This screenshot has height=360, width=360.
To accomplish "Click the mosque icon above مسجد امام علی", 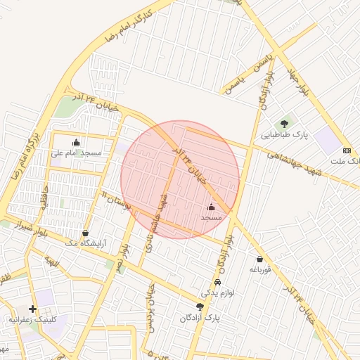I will [x=76, y=143].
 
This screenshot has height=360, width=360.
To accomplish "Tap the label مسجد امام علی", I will [x=76, y=153].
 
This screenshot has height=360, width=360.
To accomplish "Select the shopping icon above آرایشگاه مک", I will [x=86, y=233].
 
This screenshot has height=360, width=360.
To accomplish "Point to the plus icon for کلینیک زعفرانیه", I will [x=32, y=309].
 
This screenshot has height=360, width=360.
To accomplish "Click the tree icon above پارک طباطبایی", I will [x=285, y=124].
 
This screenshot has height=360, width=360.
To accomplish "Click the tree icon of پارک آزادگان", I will [x=200, y=307].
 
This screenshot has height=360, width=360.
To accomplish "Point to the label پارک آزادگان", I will [x=200, y=318].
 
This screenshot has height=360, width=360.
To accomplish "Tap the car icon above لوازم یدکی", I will [x=217, y=282].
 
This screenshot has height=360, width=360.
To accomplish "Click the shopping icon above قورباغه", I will [x=259, y=259].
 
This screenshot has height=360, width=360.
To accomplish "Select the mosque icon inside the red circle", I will [x=212, y=207].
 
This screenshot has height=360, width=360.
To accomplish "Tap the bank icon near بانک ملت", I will [x=347, y=150].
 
